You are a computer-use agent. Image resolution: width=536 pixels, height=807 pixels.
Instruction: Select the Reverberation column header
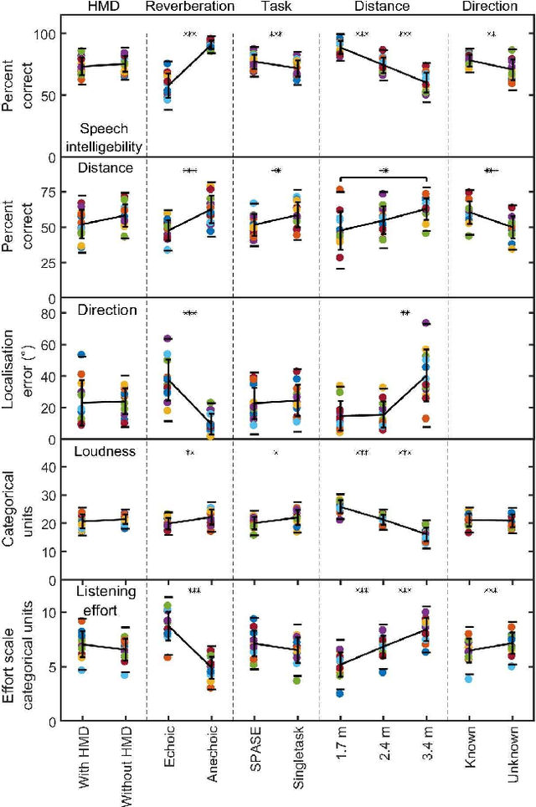(x=190, y=8)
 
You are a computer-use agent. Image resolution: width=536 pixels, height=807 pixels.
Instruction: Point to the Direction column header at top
(x=491, y=8)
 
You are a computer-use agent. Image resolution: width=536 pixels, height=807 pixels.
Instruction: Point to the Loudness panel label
(x=105, y=452)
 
